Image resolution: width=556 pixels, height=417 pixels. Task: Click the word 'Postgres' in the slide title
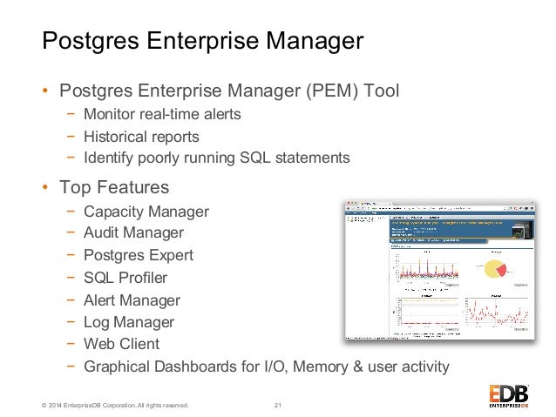pyautogui.click(x=92, y=41)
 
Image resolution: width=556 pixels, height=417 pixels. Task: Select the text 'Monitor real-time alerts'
pyautogui.click(x=161, y=115)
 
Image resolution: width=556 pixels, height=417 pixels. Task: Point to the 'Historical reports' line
pyautogui.click(x=141, y=137)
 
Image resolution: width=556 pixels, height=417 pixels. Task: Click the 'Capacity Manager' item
pyautogui.click(x=146, y=212)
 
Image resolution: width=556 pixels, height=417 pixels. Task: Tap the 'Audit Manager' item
pyautogui.click(x=133, y=233)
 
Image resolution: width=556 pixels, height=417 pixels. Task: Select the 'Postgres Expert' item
pyautogui.click(x=139, y=256)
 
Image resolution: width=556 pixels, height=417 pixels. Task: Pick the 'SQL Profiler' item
pyautogui.click(x=125, y=279)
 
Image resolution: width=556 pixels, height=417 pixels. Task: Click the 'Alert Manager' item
pyautogui.click(x=132, y=301)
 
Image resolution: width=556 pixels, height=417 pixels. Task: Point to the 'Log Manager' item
pyautogui.click(x=129, y=323)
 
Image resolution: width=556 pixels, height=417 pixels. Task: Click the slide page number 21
pyautogui.click(x=278, y=405)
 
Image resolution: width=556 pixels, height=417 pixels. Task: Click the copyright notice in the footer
pyautogui.click(x=101, y=405)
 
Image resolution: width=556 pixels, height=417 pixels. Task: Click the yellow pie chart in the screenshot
pyautogui.click(x=497, y=267)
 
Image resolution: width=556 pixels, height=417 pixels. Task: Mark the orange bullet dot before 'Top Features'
pyautogui.click(x=45, y=188)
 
